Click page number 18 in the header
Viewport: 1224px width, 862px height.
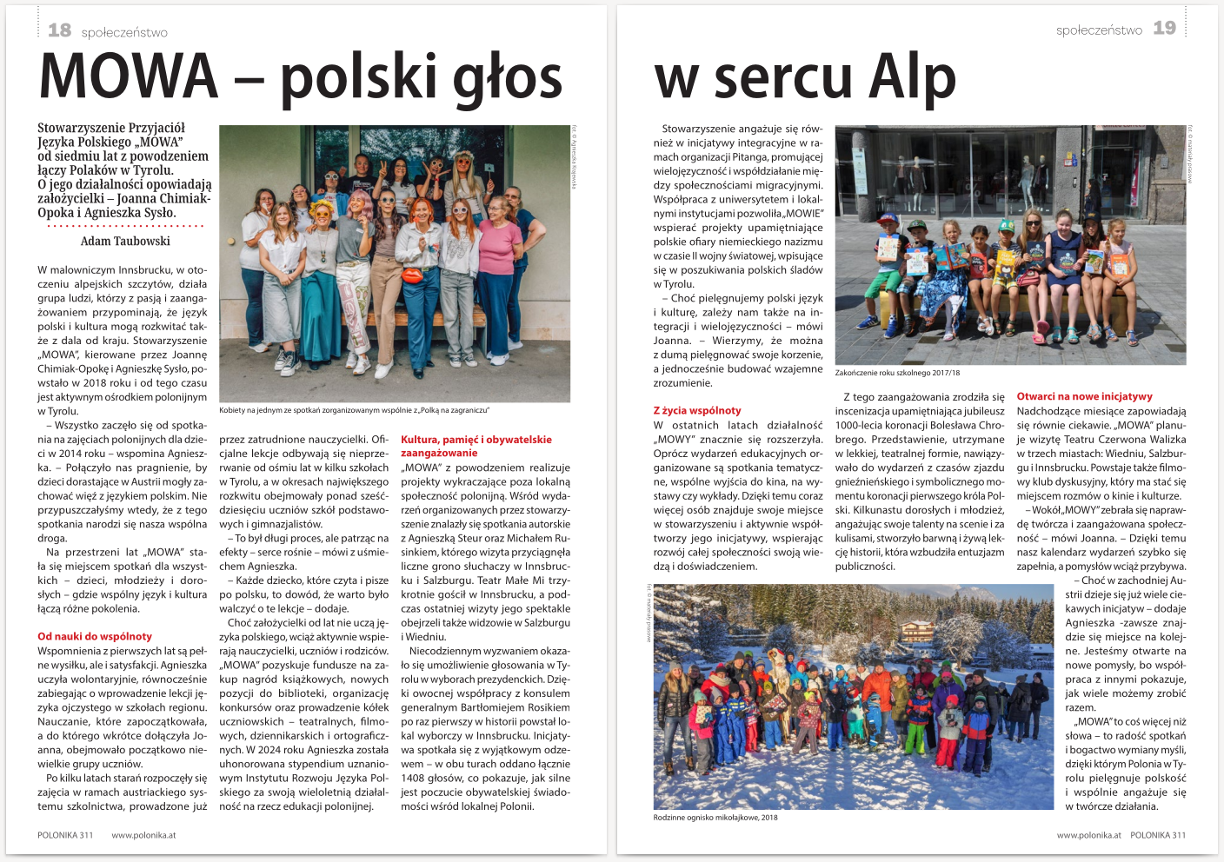[59, 30]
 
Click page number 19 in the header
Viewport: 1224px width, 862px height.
[1164, 29]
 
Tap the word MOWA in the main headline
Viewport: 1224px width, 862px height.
[129, 76]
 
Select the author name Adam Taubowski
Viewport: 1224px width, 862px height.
[125, 242]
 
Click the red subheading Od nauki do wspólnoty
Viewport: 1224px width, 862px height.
[95, 636]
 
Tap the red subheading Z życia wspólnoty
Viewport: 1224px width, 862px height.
[697, 410]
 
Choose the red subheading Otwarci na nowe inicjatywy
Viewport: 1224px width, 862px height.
[1084, 396]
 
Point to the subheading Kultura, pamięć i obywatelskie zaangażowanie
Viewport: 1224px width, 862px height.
[476, 446]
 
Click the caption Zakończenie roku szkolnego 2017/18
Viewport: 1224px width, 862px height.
[897, 373]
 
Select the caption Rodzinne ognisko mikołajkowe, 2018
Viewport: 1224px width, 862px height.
[715, 817]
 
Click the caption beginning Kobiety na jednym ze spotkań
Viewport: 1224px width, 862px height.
[354, 410]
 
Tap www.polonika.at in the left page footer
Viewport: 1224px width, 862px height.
[143, 835]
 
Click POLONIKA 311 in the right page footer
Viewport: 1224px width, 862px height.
[1157, 835]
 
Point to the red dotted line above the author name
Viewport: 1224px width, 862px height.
[125, 226]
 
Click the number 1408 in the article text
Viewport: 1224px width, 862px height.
[413, 778]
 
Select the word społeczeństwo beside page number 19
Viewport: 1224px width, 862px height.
[1099, 30]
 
